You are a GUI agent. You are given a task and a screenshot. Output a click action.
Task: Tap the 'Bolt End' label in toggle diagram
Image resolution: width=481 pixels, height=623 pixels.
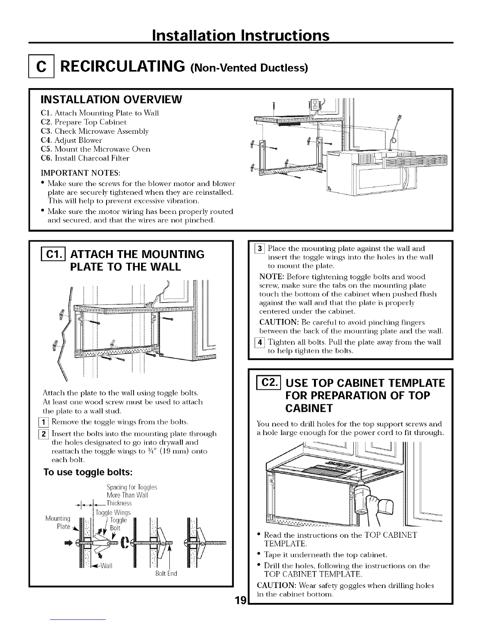click(166, 573)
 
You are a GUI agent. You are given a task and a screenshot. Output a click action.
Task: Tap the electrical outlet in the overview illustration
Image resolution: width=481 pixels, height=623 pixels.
click(314, 105)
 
